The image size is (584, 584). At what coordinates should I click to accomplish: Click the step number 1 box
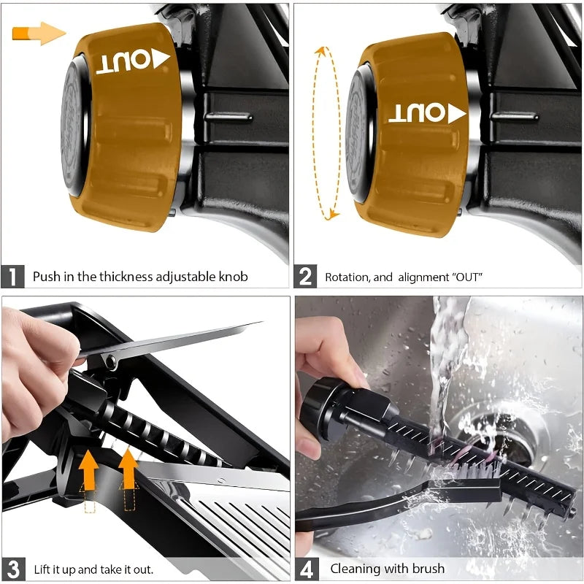(x=12, y=277)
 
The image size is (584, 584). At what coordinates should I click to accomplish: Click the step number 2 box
(x=306, y=277)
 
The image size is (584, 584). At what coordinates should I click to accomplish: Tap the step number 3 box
(x=12, y=569)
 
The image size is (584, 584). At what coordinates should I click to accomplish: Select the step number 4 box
(x=306, y=569)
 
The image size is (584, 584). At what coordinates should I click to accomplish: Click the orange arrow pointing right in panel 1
(x=39, y=33)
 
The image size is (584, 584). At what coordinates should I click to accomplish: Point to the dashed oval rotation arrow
(x=326, y=131)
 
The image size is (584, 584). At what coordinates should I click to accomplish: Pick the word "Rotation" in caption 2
(x=348, y=277)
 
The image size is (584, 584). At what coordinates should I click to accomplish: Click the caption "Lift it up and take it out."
(x=93, y=569)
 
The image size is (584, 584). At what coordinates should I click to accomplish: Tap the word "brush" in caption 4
(x=425, y=569)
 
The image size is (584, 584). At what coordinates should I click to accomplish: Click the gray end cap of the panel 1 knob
(x=74, y=131)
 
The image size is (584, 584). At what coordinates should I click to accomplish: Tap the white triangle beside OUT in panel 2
(x=458, y=113)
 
